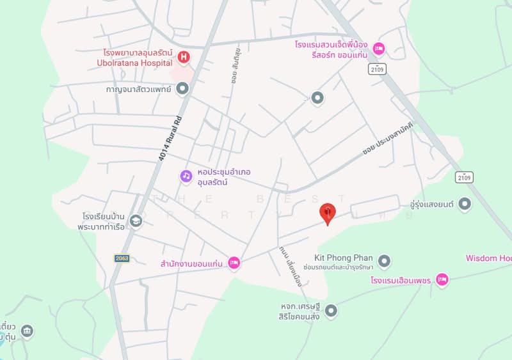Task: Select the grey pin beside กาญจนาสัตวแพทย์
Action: point(183,89)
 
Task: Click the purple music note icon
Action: point(186,175)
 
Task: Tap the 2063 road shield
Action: point(122,258)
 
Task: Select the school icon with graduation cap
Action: point(136,221)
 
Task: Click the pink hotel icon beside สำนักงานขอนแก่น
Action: point(234,262)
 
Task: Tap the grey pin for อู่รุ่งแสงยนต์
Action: point(465,204)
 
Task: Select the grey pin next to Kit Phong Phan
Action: point(384,260)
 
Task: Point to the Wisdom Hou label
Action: point(488,258)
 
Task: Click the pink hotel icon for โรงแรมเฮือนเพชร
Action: point(442,279)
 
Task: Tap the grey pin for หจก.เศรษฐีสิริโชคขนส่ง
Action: point(331,311)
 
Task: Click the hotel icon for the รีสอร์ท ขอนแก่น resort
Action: point(379,48)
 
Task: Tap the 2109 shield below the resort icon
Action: point(376,68)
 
